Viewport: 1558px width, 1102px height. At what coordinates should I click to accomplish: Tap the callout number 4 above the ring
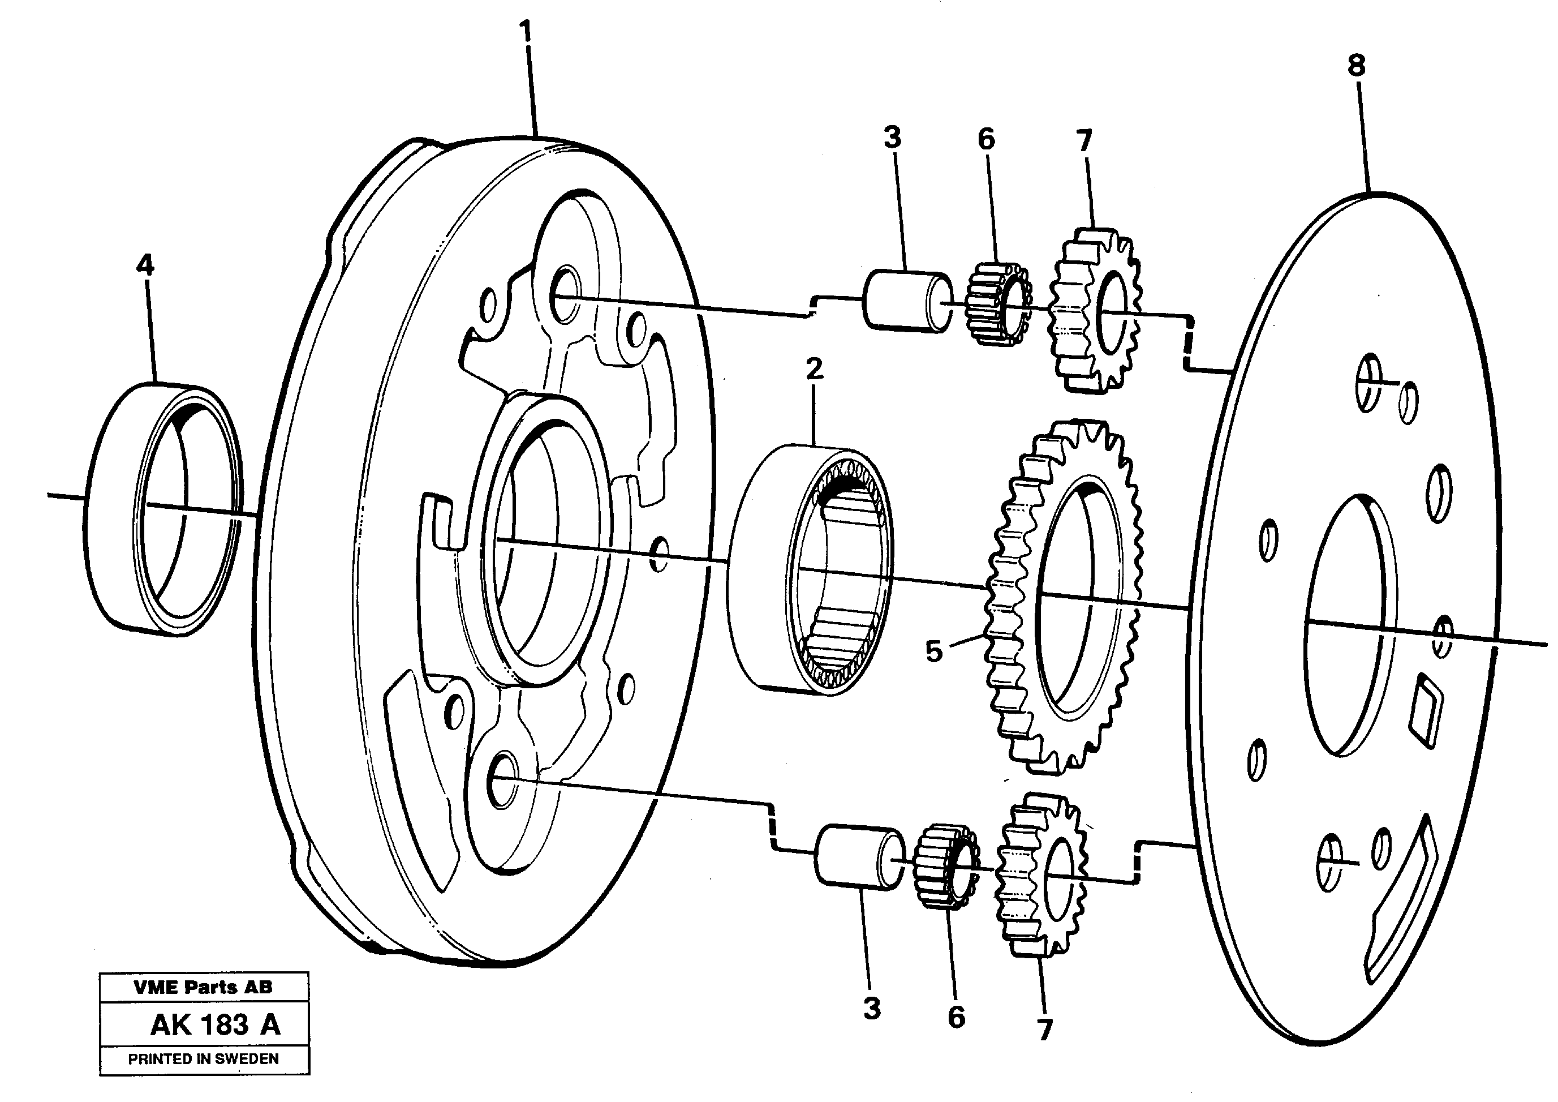(x=144, y=265)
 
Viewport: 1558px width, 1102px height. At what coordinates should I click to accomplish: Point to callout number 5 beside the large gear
(x=933, y=652)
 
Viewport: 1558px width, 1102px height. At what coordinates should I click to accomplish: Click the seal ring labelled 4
(x=163, y=509)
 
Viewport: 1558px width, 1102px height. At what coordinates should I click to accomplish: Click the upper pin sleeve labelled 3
(x=906, y=302)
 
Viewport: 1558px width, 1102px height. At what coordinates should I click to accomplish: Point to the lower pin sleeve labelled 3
(x=860, y=857)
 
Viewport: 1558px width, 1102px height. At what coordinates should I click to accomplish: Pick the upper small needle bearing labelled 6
(x=997, y=303)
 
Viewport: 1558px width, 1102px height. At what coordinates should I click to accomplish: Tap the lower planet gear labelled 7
(x=1040, y=876)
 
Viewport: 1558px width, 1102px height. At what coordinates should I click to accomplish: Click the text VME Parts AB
(x=204, y=987)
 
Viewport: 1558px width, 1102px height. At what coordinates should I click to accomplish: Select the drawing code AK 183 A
(x=215, y=1024)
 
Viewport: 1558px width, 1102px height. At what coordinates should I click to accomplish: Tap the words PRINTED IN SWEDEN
(x=204, y=1058)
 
